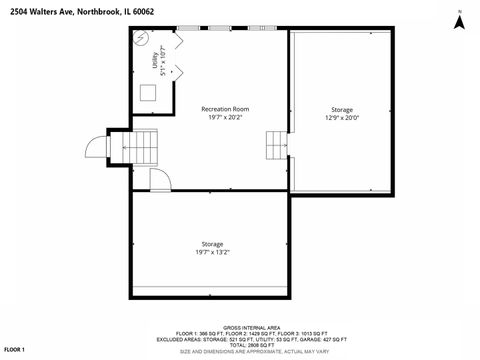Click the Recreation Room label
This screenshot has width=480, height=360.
click(225, 108)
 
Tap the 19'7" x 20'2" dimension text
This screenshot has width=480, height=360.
click(225, 117)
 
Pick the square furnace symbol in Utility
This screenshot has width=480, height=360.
click(148, 93)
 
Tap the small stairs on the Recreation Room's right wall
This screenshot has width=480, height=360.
click(276, 148)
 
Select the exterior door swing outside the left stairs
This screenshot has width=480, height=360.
click(96, 147)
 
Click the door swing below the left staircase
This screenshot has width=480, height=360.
click(159, 179)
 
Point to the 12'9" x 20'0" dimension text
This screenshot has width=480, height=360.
click(342, 118)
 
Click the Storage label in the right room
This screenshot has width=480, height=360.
click(342, 109)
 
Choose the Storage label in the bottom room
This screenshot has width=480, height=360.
click(212, 244)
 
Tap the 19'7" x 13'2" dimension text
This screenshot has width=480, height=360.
click(212, 253)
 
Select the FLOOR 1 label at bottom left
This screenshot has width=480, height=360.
click(14, 348)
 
